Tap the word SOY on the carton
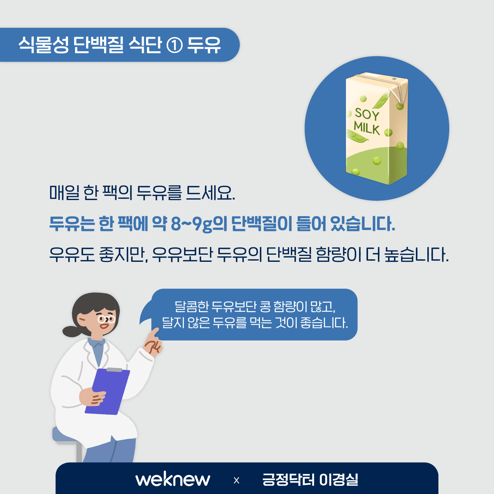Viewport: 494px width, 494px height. (367, 114)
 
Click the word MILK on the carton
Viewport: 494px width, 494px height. (366, 128)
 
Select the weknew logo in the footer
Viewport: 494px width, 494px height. (173, 479)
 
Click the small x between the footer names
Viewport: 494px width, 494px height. (237, 480)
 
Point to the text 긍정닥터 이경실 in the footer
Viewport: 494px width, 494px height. (310, 479)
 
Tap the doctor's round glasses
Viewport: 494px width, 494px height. (106, 319)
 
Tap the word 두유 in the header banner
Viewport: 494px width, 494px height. (204, 45)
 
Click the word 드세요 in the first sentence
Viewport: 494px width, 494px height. (211, 193)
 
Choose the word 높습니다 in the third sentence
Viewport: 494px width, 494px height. (417, 255)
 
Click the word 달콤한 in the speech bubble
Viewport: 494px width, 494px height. (192, 307)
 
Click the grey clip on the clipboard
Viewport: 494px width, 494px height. (114, 370)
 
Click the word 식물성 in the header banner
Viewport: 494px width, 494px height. (44, 45)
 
